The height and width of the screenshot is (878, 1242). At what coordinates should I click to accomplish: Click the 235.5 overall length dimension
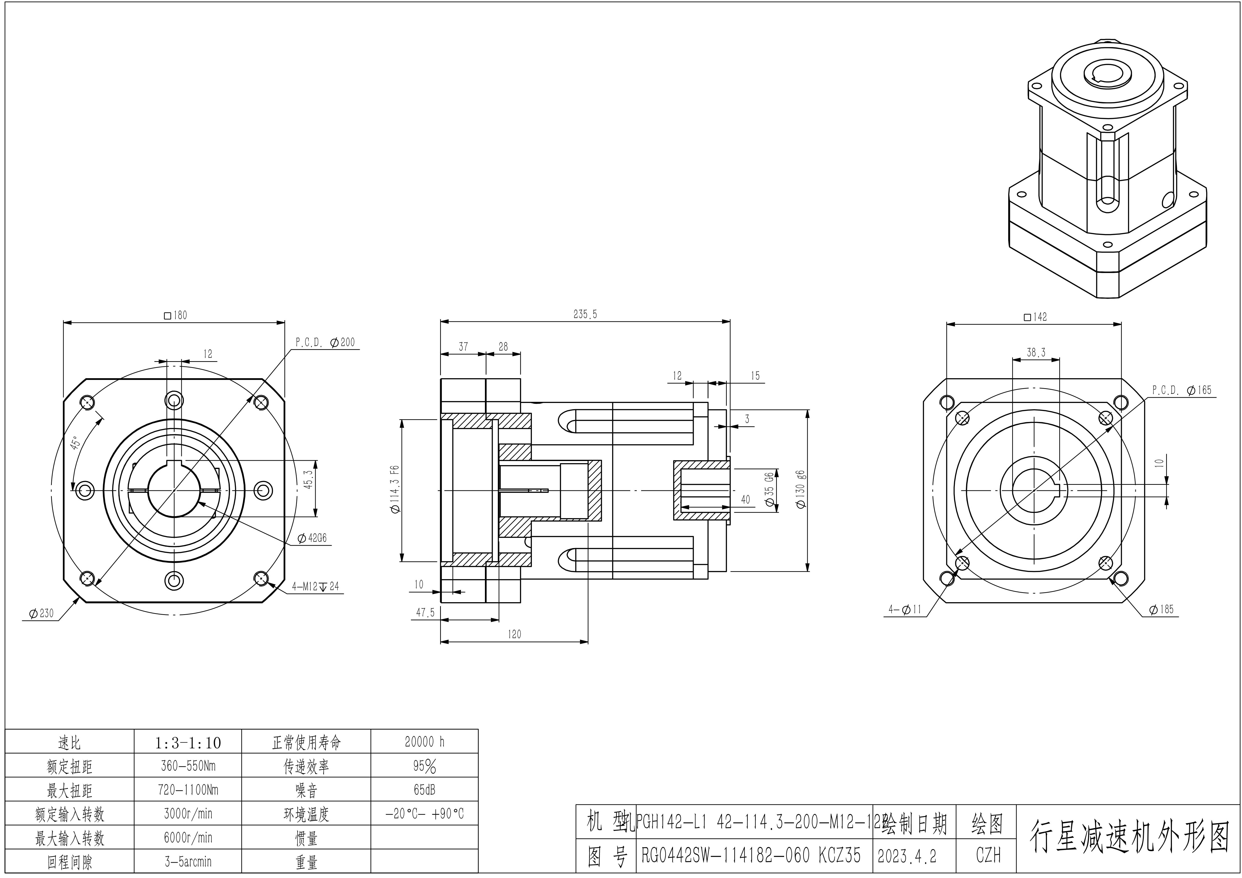585,314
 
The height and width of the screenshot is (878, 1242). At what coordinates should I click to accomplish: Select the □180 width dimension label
175,315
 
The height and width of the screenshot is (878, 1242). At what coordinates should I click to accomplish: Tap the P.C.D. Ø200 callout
325,342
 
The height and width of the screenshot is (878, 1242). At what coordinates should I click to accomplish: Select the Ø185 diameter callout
1161,609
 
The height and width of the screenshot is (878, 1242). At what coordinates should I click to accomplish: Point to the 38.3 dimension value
1036,352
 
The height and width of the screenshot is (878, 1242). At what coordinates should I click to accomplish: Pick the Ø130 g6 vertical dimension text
801,489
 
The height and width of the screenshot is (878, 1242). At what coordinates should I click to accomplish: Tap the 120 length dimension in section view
514,634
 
